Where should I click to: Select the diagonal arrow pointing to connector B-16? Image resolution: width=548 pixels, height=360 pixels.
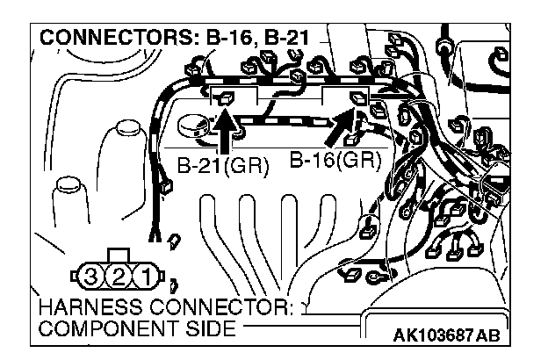point(343,128)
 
